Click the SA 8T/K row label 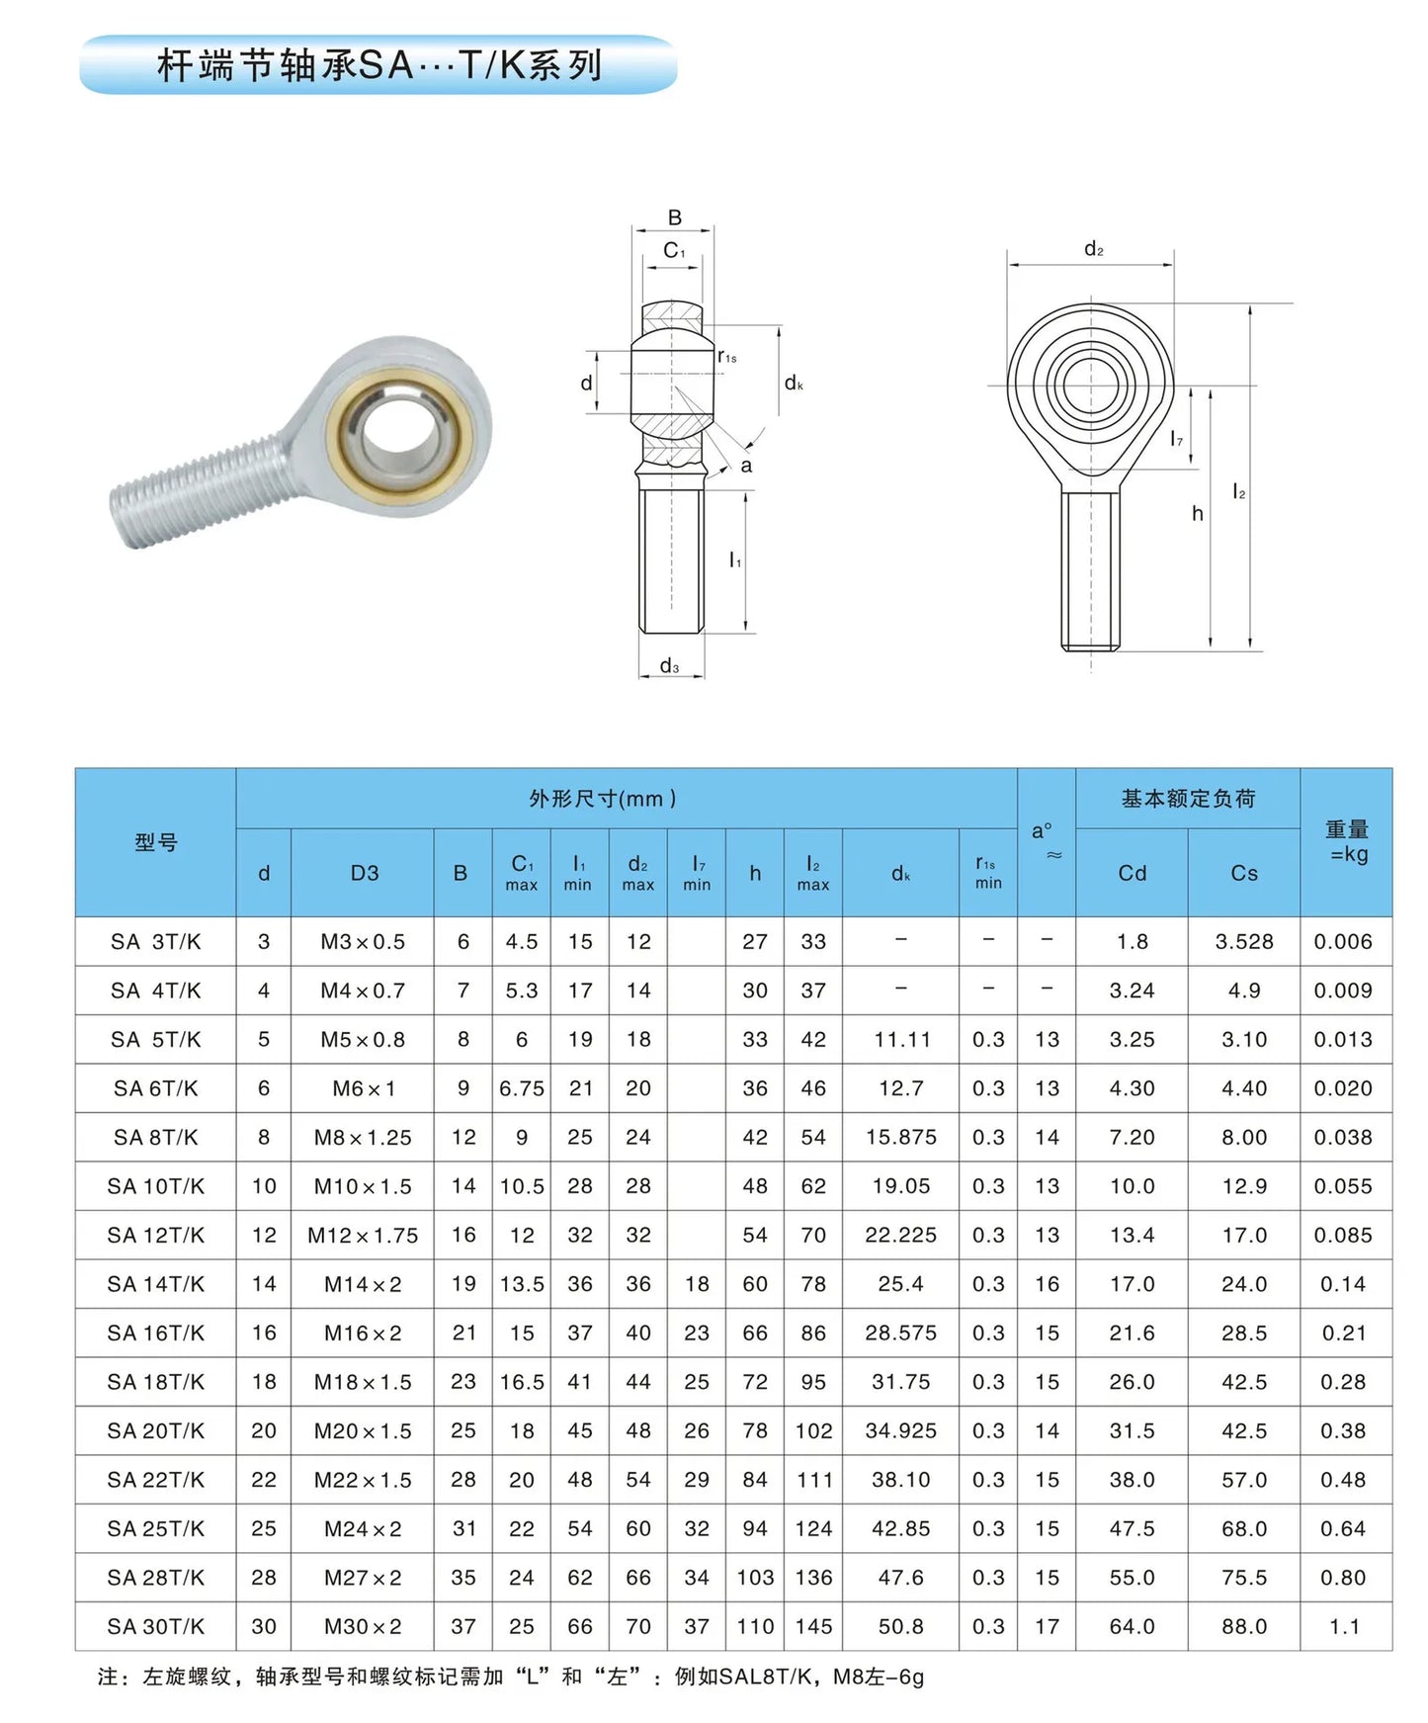155,1137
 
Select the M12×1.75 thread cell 363,1235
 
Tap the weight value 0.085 1343,1235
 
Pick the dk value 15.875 900,1137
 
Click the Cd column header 1132,873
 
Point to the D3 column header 364,873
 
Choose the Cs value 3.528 1243,941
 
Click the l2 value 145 812,1626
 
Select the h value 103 754,1578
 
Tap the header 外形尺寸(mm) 602,799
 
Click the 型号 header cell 155,842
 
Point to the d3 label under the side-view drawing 669,666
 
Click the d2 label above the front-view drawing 1093,249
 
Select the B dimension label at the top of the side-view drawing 674,217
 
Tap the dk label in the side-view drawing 794,384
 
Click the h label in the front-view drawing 1197,513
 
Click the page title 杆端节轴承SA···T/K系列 378,65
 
